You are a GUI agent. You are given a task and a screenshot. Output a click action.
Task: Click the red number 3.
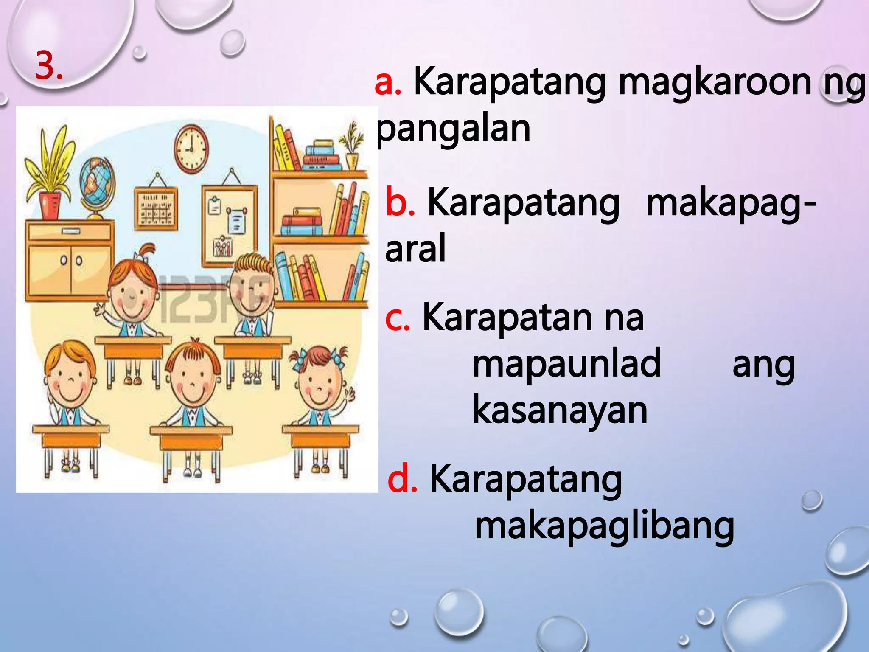click(x=48, y=65)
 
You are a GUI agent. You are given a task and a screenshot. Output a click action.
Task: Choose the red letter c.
click(x=397, y=318)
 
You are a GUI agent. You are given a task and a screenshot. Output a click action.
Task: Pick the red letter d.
click(x=402, y=480)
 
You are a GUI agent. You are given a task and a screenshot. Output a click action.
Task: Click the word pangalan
click(x=454, y=129)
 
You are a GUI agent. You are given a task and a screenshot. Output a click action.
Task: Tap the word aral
click(x=415, y=249)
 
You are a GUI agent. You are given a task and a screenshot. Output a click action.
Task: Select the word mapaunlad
click(x=566, y=363)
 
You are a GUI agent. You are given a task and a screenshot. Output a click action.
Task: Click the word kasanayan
click(x=560, y=410)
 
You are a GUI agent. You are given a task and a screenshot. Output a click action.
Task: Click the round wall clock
click(x=191, y=149)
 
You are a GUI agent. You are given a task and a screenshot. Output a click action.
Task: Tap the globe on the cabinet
click(x=97, y=183)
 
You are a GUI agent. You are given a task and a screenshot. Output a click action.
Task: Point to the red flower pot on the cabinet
click(x=50, y=206)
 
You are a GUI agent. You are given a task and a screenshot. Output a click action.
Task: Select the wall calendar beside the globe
click(x=156, y=208)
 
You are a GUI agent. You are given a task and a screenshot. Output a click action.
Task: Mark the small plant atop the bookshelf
click(x=352, y=144)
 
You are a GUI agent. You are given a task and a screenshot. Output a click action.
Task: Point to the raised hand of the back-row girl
click(x=100, y=309)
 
